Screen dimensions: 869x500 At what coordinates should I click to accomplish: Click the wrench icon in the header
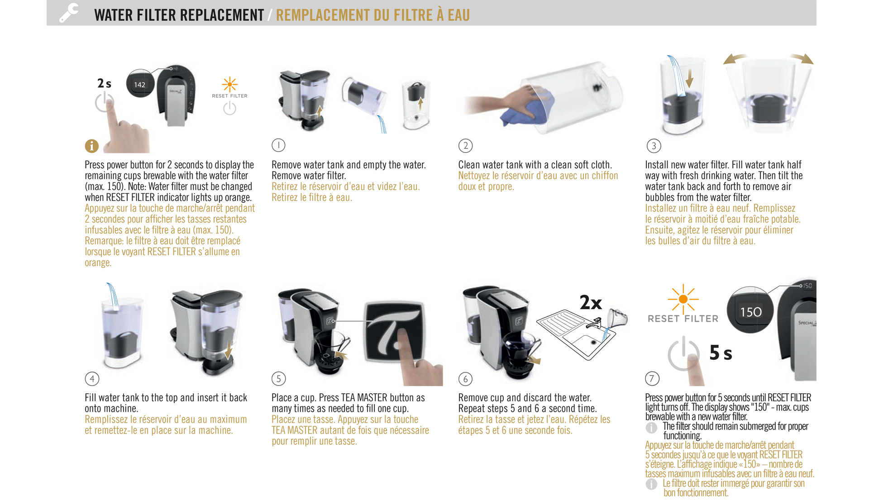click(x=69, y=13)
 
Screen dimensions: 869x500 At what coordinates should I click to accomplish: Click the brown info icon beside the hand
click(x=91, y=146)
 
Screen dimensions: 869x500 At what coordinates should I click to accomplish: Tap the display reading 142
click(x=140, y=84)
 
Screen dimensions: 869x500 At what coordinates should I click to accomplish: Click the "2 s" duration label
click(x=104, y=83)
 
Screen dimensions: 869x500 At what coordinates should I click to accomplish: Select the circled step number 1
click(x=278, y=145)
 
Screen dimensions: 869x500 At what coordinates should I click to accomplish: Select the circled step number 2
click(x=465, y=146)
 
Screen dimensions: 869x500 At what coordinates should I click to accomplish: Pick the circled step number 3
click(x=654, y=146)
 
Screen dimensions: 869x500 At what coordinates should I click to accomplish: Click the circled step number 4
click(x=92, y=379)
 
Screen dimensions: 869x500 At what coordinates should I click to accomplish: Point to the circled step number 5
click(x=278, y=379)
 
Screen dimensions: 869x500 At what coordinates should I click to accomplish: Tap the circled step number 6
click(x=465, y=379)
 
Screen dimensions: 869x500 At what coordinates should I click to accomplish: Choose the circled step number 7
click(x=652, y=378)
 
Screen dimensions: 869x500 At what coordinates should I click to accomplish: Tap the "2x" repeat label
click(x=591, y=302)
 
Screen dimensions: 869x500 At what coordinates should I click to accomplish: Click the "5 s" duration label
click(x=721, y=352)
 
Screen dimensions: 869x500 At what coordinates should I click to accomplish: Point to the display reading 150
click(x=751, y=312)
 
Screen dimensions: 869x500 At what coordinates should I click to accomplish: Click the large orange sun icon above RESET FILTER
click(x=683, y=299)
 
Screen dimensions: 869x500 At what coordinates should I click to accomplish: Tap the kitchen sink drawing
click(x=576, y=334)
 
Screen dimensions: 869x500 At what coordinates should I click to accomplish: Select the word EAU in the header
click(x=459, y=15)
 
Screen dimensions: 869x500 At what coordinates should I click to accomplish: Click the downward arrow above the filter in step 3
click(x=689, y=78)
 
